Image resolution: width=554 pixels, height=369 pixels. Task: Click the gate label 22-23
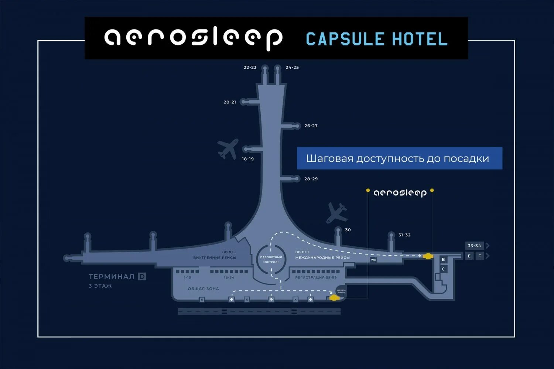click(250, 68)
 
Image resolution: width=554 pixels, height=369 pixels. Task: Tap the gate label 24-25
click(292, 68)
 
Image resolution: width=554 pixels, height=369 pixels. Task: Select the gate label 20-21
click(230, 102)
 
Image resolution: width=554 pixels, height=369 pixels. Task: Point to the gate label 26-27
click(311, 126)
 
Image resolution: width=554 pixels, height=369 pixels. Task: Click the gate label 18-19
click(248, 159)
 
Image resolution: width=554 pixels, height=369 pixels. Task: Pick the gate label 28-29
click(311, 179)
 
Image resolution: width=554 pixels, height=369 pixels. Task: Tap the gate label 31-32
click(404, 235)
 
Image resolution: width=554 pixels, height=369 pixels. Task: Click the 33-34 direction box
click(475, 246)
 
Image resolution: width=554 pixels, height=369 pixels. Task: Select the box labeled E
click(469, 256)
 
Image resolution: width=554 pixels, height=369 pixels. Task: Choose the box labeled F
click(480, 256)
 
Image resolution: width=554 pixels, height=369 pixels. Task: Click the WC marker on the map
click(373, 260)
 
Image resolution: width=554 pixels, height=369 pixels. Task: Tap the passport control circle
click(271, 259)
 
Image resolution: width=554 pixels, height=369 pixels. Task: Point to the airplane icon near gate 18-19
click(228, 148)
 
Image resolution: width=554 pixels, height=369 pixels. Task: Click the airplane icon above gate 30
click(336, 212)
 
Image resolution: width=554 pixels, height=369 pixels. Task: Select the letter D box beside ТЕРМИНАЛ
click(142, 276)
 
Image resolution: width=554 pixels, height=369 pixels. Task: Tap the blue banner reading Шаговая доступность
click(399, 158)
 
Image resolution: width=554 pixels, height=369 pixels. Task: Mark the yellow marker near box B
click(428, 256)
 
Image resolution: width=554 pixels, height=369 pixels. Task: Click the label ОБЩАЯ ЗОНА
click(203, 289)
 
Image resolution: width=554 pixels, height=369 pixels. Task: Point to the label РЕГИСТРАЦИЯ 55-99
click(316, 277)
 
